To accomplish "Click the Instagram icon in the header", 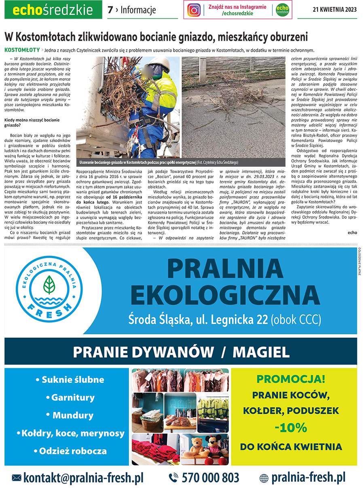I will pyautogui.click(x=194, y=10).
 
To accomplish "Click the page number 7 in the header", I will pyautogui.click(x=110, y=10).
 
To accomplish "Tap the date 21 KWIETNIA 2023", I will pyautogui.click(x=334, y=10).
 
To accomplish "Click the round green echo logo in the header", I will pyautogui.click(x=282, y=10).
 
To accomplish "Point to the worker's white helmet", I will pyautogui.click(x=160, y=63).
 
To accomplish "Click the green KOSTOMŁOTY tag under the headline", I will pyautogui.click(x=21, y=50).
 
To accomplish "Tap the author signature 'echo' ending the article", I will pyautogui.click(x=352, y=232).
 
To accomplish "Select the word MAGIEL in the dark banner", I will pyautogui.click(x=261, y=352).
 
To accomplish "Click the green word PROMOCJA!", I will pyautogui.click(x=291, y=379).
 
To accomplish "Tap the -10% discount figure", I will pyautogui.click(x=290, y=428).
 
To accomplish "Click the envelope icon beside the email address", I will pyautogui.click(x=17, y=478).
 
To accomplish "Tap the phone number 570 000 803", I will pyautogui.click(x=210, y=478).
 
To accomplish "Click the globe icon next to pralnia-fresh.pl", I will pyautogui.click(x=264, y=478).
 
